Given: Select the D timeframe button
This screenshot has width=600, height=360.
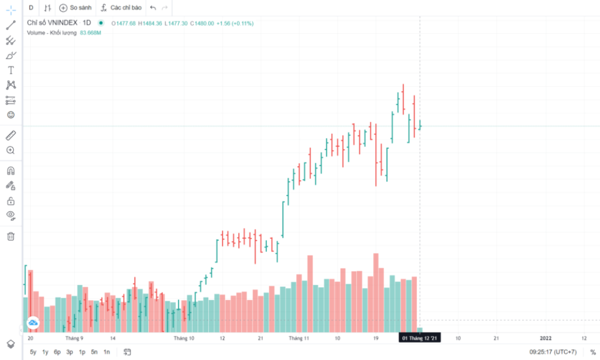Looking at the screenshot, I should click(x=31, y=8).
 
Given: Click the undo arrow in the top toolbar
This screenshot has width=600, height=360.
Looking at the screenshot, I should click(x=153, y=8).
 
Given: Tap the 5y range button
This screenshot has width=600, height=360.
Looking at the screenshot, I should click(x=33, y=352).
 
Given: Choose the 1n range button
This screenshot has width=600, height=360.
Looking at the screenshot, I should click(x=106, y=352).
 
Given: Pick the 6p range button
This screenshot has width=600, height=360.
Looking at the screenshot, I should click(x=57, y=352).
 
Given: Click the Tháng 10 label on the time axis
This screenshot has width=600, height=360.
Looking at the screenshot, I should click(x=184, y=338).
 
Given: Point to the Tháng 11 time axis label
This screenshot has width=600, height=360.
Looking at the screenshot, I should click(x=298, y=338).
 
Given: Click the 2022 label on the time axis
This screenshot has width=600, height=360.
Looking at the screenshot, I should click(x=546, y=338).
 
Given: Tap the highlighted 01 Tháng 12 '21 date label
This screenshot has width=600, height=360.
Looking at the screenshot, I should click(x=421, y=338).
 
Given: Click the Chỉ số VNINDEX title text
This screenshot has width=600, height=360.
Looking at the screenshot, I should click(x=52, y=23).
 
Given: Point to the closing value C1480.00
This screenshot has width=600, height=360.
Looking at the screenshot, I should click(x=202, y=23).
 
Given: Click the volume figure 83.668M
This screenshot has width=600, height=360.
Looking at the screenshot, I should click(x=90, y=32).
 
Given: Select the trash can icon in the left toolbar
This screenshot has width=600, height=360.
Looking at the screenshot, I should click(x=10, y=236).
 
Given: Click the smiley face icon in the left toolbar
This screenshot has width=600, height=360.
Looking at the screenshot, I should click(x=10, y=115).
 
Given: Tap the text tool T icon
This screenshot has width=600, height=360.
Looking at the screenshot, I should click(x=10, y=70).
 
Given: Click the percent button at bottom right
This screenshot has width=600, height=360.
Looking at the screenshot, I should click(x=593, y=352).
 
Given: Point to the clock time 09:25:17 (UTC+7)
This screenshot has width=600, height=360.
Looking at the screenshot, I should click(x=553, y=352).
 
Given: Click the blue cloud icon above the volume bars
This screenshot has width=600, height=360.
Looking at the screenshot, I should click(x=33, y=323).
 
